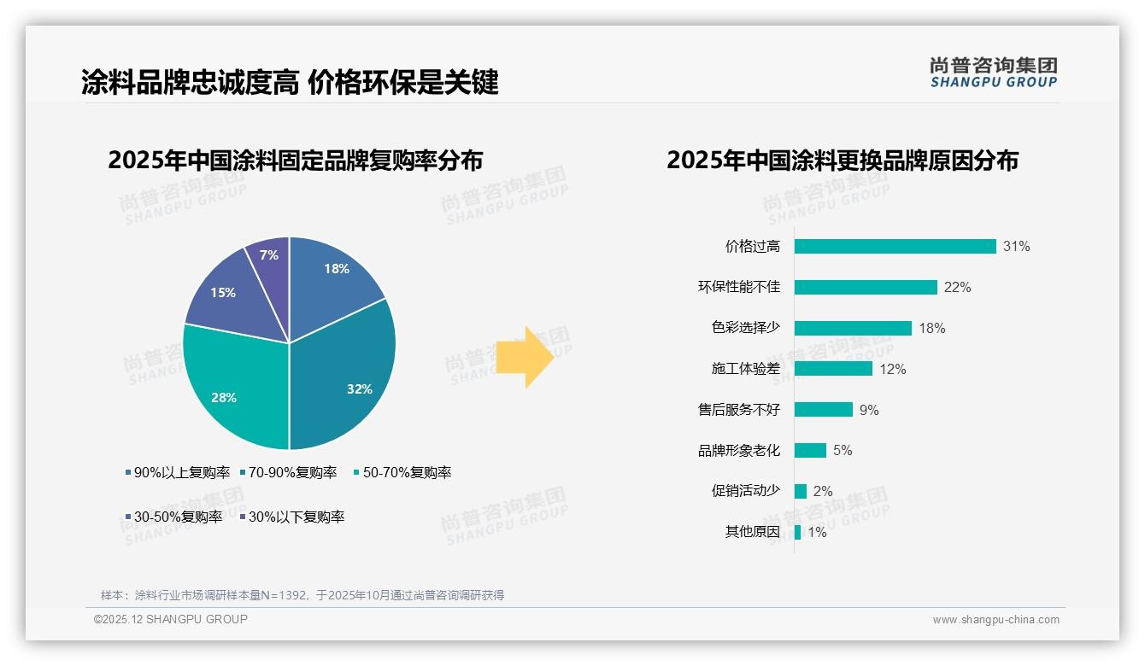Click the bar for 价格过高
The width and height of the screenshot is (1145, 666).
895,246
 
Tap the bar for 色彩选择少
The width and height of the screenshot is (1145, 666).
853,328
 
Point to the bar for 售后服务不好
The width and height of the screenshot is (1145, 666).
823,410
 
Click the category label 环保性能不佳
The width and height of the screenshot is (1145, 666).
738,287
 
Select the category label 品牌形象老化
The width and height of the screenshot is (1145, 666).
738,450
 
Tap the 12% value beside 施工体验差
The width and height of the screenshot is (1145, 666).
893,369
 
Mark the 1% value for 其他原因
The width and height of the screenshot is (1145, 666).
817,532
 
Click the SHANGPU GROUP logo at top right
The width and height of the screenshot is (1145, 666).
993,72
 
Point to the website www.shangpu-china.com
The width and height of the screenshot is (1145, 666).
995,620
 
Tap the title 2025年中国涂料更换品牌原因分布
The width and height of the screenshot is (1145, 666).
842,161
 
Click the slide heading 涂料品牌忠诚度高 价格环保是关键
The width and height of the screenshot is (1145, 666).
290,82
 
